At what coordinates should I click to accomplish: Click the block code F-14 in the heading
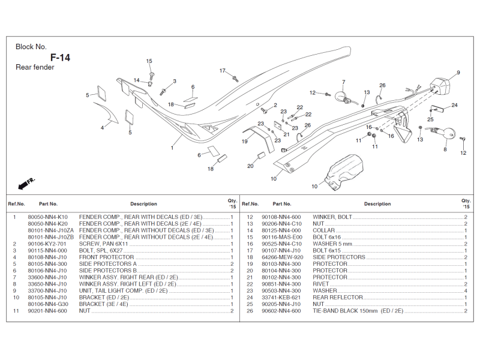[x=60, y=58]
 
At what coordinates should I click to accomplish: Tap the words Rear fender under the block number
[x=35, y=67]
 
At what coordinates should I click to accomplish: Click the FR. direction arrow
[x=27, y=181]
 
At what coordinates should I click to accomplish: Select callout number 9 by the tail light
[x=458, y=73]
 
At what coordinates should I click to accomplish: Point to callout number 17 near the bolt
[x=222, y=71]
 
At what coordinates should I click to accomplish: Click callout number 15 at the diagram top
[x=149, y=61]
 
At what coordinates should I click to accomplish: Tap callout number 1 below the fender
[x=172, y=148]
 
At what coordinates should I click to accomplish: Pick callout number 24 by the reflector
[x=454, y=105]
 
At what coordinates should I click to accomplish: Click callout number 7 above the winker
[x=344, y=82]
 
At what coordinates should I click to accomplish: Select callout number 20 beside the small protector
[x=250, y=166]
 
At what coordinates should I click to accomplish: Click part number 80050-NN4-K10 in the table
[x=48, y=217]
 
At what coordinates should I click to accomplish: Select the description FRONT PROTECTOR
[x=106, y=257]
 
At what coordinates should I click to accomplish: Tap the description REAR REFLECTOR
[x=338, y=297]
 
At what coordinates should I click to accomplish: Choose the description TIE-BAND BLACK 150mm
[x=358, y=311]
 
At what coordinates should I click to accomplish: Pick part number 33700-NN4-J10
[x=47, y=290]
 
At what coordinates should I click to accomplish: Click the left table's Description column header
[x=143, y=204]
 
